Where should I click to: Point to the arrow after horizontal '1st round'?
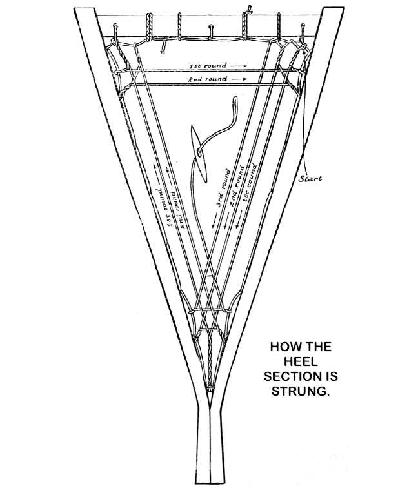click(237, 66)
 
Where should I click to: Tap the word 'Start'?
click(310, 178)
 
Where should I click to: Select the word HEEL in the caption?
click(301, 361)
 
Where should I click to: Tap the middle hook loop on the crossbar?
click(211, 28)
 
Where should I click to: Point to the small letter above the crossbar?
click(248, 7)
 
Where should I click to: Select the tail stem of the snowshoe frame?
click(210, 445)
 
